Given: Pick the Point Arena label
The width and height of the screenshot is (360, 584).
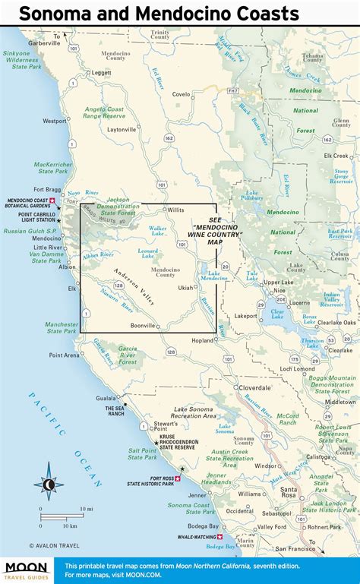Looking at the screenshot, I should (x=65, y=355).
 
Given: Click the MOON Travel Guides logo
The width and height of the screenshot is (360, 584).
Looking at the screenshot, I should (x=27, y=569).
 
